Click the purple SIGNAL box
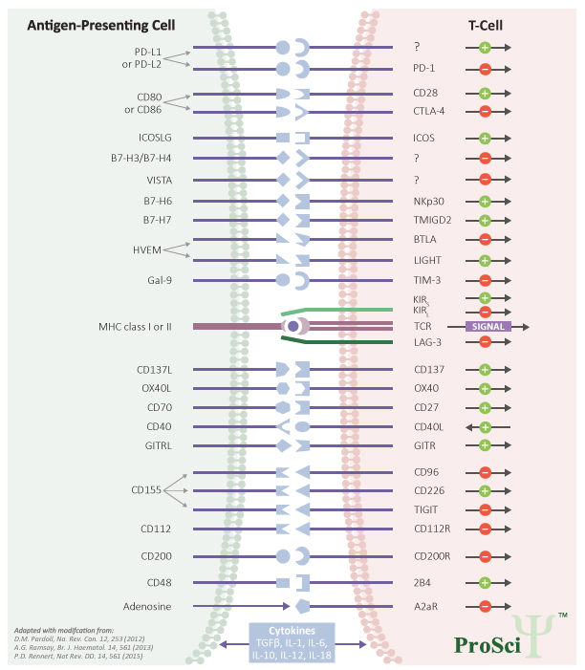[487, 326]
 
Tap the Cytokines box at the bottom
[292, 643]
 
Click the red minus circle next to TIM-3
[485, 280]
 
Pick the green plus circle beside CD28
[485, 94]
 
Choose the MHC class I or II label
[141, 326]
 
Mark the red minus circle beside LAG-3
[485, 341]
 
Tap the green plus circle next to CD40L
[485, 426]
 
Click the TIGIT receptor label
[426, 509]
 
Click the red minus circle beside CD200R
[485, 555]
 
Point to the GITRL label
[155, 445]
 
